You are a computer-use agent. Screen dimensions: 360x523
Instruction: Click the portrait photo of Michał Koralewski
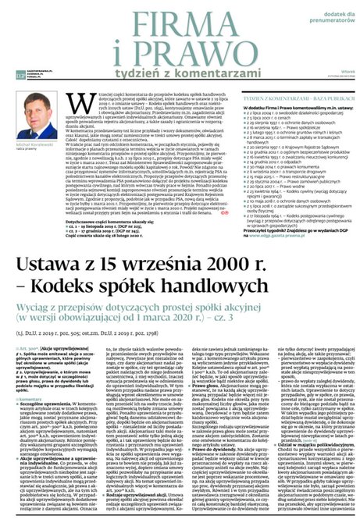36,121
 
